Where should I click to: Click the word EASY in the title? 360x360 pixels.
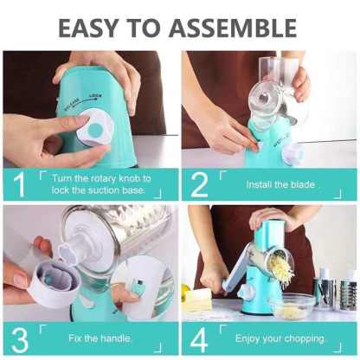pos(88,28)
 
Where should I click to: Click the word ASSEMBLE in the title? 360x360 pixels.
pos(233,28)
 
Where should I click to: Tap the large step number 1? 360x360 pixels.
pos(19,184)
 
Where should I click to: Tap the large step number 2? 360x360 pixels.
pos(199,184)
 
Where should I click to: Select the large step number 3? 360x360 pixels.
pos(20,340)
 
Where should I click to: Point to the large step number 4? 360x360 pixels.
pos(199,340)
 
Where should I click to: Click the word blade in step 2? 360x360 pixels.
pos(303,184)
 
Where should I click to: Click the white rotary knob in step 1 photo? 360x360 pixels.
pos(95,127)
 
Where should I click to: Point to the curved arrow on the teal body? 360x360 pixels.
pos(83,101)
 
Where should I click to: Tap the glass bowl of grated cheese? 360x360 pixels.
pos(293,308)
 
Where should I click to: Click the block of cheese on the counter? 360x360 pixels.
pos(198,298)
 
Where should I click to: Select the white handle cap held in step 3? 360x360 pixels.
pos(54,283)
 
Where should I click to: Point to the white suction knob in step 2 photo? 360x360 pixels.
pos(293,153)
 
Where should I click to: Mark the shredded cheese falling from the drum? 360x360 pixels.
pos(282,269)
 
